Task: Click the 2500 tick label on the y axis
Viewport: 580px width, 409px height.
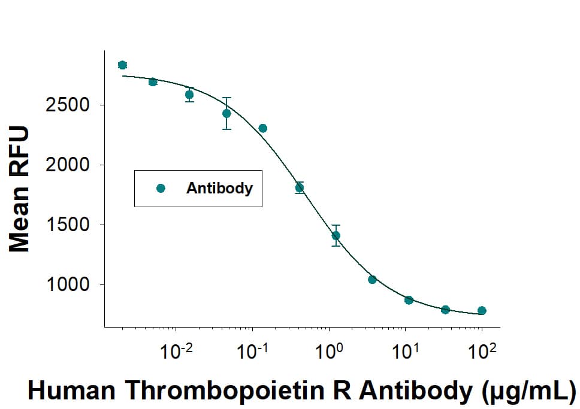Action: pos(68,105)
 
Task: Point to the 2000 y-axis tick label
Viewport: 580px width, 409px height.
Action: pos(68,165)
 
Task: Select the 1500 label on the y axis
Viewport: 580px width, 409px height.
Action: pos(68,225)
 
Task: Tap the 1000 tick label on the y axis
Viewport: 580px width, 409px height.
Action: pos(68,285)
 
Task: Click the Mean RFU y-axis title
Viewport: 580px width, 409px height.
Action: pos(19,189)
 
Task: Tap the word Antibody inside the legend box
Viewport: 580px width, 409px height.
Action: pos(219,188)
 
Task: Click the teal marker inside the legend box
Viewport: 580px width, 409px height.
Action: pos(160,188)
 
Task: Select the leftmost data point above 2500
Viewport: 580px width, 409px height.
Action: pos(122,65)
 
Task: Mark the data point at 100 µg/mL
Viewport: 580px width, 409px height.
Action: pos(482,310)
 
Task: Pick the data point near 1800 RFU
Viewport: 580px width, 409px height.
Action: pos(300,187)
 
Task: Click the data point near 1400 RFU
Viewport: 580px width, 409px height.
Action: pos(336,235)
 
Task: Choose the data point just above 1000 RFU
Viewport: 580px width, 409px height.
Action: pos(372,280)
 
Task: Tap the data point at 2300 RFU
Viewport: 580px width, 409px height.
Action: pos(262,128)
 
